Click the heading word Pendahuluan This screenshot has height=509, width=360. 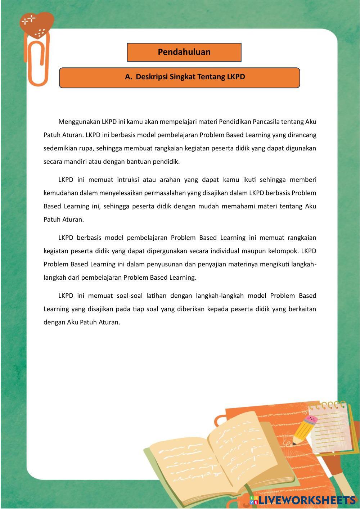(184, 52)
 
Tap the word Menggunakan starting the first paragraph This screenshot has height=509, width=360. (79, 122)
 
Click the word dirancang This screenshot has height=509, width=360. (302, 135)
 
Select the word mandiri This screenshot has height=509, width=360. (75, 162)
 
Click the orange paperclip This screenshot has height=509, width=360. (37, 63)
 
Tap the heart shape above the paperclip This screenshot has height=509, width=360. (37, 25)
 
